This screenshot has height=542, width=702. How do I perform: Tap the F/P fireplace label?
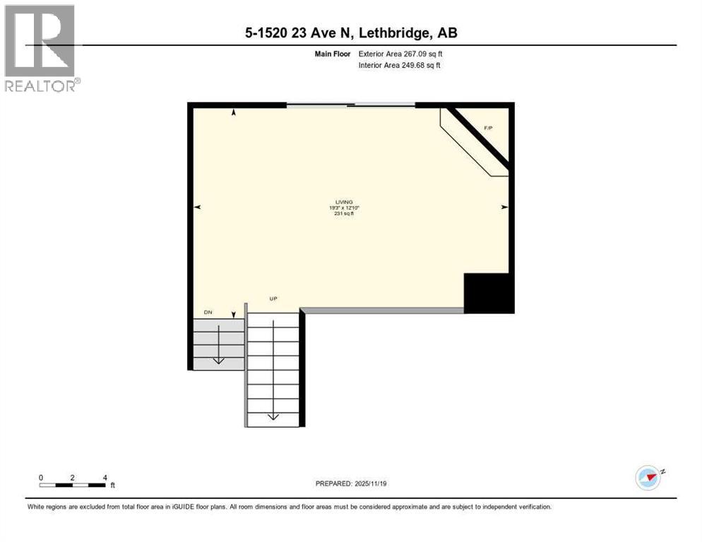point(487,128)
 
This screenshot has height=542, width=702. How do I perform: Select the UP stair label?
point(273,299)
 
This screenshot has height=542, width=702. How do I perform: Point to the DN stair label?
point(208,311)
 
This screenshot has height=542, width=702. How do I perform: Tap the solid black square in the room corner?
point(488,293)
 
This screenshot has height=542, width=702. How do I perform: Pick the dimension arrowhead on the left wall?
point(198,207)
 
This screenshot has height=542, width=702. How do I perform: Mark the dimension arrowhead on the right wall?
point(504,207)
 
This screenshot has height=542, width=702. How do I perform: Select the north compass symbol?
point(648,477)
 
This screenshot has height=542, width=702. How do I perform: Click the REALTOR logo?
point(40,48)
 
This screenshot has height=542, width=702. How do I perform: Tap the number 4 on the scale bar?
point(105,477)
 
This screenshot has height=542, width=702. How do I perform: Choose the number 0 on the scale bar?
point(41,477)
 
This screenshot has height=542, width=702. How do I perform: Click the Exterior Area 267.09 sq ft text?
point(400,53)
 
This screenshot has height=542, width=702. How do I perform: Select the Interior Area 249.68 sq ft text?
point(400,66)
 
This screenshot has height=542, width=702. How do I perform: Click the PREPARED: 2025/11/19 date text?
point(350,483)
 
